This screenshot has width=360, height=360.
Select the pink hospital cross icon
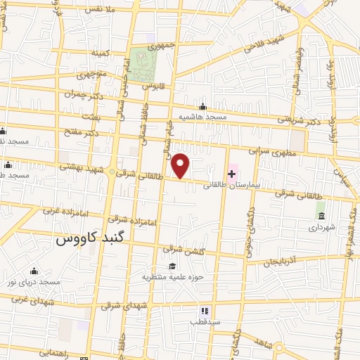click(x=231, y=174)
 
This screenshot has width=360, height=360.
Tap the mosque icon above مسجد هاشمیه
click(x=202, y=105)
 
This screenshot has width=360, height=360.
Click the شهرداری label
click(x=322, y=227)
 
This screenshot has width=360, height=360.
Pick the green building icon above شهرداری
click(x=321, y=215)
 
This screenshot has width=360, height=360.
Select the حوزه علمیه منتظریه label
click(x=173, y=276)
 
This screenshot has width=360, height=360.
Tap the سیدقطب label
click(x=205, y=322)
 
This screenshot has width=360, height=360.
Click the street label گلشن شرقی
click(x=182, y=249)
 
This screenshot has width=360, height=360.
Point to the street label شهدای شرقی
click(x=122, y=306)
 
